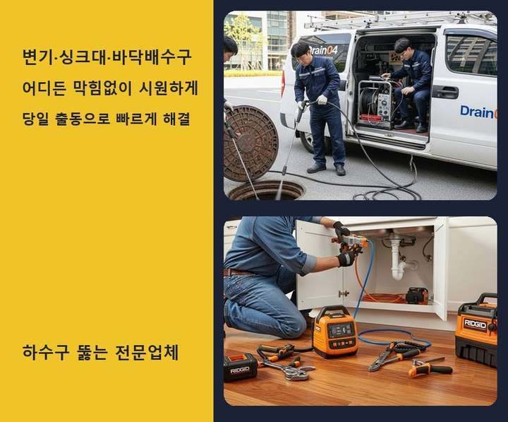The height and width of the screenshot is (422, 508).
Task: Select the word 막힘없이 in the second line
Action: point(100,88)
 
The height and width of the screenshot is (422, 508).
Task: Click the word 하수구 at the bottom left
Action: point(46,352)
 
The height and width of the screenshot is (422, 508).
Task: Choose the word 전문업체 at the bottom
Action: point(147,353)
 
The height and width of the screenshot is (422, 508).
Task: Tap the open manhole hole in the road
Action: point(266,191)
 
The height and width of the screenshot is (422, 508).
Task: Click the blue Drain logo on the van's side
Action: point(478,112)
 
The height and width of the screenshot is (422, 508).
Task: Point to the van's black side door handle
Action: point(445,92)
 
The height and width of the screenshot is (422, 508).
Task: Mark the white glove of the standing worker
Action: point(322,100)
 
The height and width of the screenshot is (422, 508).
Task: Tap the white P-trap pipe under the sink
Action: point(397,262)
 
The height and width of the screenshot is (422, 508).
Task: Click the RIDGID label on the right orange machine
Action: point(475,324)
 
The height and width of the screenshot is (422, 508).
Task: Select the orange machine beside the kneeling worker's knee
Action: point(336,332)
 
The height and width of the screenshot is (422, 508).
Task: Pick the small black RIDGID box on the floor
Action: point(241,368)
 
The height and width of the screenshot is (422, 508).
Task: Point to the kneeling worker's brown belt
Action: point(239,272)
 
